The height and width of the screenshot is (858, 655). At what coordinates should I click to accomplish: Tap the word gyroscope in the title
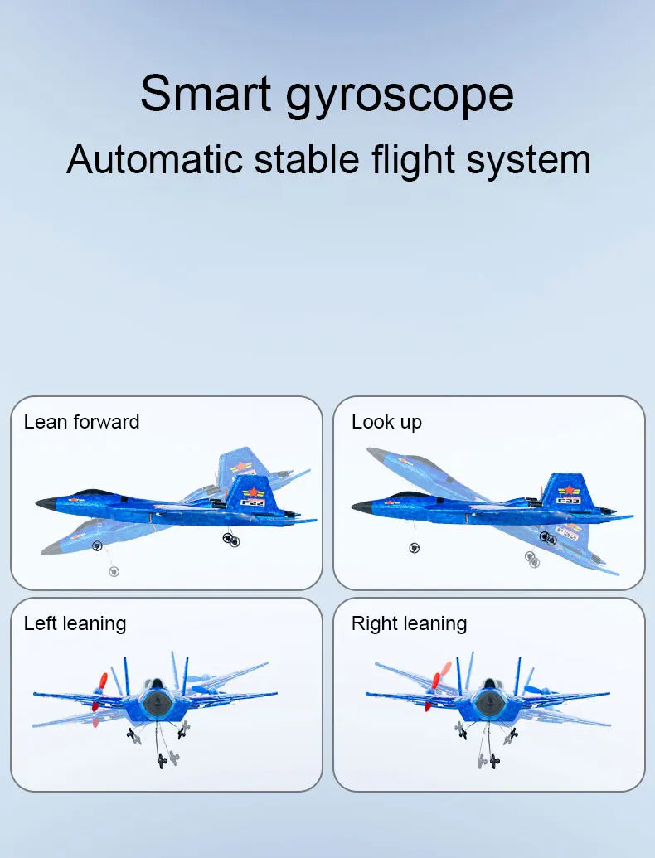coord(400,96)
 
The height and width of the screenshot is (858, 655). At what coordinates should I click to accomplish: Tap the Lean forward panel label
coord(81,422)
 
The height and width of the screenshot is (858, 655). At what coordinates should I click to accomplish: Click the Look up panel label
coord(386,423)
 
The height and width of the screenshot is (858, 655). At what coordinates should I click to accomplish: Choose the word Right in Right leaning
coord(371,623)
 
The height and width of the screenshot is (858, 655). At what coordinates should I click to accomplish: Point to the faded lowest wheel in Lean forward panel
coord(114,571)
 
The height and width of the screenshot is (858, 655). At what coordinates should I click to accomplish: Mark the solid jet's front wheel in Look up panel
coord(414,548)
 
